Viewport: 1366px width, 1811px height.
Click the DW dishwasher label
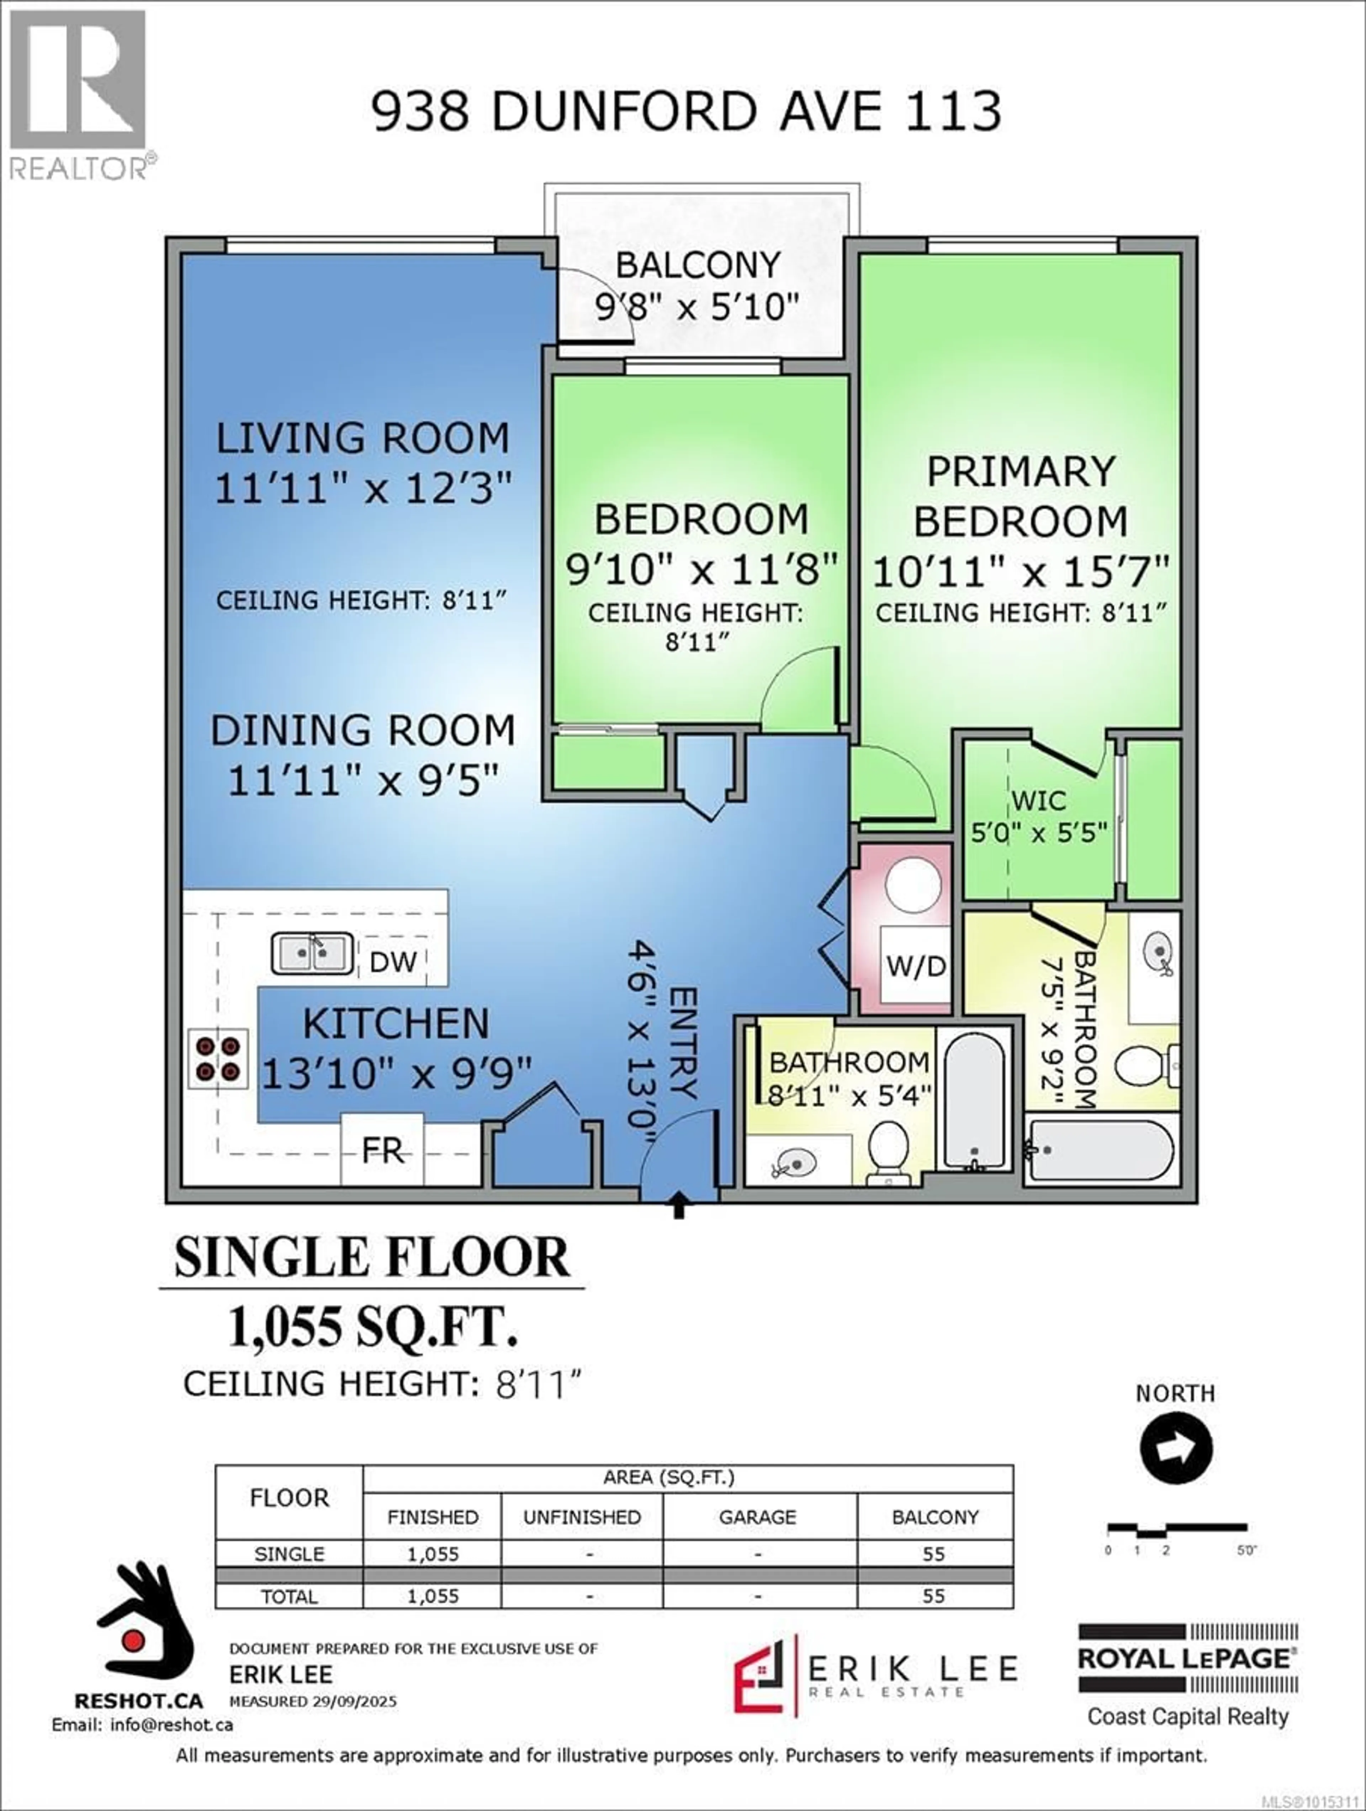393,962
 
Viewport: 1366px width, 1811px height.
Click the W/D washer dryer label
916,967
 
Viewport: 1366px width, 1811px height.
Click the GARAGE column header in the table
757,1517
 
